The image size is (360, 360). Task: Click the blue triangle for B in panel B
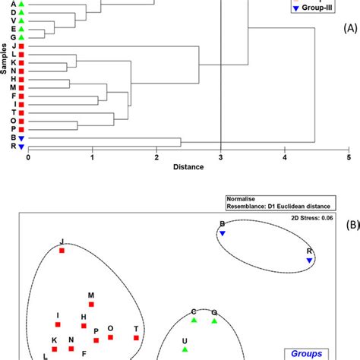tap(223, 234)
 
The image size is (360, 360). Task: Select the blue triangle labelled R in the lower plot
tap(310, 261)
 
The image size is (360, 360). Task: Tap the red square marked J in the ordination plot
tap(62, 250)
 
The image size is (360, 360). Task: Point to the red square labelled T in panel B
tap(137, 338)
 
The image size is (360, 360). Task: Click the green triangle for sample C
tap(194, 321)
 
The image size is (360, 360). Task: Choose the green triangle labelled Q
tap(214, 321)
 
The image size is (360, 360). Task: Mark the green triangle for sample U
tap(185, 349)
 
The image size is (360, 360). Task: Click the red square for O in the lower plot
tap(111, 338)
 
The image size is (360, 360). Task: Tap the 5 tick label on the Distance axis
tap(349, 158)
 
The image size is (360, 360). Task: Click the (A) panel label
tap(349, 47)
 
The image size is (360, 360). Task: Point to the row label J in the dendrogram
tap(14, 47)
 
